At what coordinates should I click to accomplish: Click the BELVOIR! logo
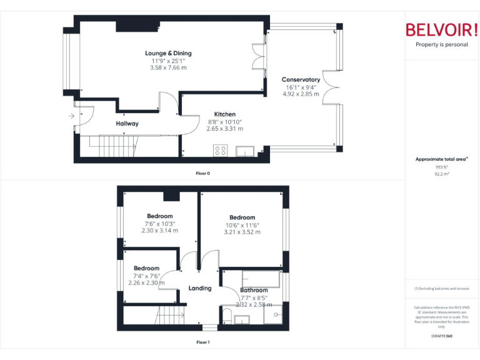point(441,30)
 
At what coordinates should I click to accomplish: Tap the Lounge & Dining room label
point(168,53)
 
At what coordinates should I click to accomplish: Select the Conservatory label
point(301,79)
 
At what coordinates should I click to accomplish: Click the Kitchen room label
point(225,114)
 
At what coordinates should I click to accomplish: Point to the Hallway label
point(127,124)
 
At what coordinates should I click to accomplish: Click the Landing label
point(200,288)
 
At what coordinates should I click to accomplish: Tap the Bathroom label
point(254,290)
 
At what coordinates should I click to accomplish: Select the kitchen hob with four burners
point(220,150)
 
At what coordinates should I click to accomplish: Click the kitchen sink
point(244,151)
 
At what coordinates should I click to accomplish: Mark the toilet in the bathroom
point(227,315)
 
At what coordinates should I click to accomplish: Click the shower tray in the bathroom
point(272,316)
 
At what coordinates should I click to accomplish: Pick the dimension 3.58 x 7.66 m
point(168,67)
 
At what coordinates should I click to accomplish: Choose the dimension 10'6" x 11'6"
point(242,225)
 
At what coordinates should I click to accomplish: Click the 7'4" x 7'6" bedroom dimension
point(146,276)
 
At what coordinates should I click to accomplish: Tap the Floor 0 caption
point(202,173)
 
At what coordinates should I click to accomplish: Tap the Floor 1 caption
point(202,342)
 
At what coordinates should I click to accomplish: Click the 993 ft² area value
point(442,167)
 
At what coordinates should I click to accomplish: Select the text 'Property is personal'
point(441,44)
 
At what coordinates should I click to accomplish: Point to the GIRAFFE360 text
point(441,336)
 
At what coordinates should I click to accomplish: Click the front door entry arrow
point(71,116)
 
